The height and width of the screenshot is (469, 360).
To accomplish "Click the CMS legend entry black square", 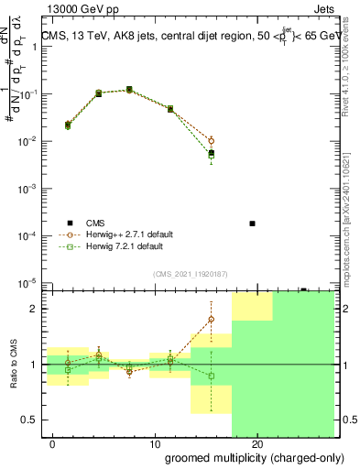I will (x=70, y=224).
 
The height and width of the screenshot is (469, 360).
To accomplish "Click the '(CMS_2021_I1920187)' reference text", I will (x=191, y=273).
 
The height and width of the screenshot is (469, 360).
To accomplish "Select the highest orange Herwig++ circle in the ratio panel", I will (x=212, y=319).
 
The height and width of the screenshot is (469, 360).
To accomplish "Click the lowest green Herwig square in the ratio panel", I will (x=212, y=376).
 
